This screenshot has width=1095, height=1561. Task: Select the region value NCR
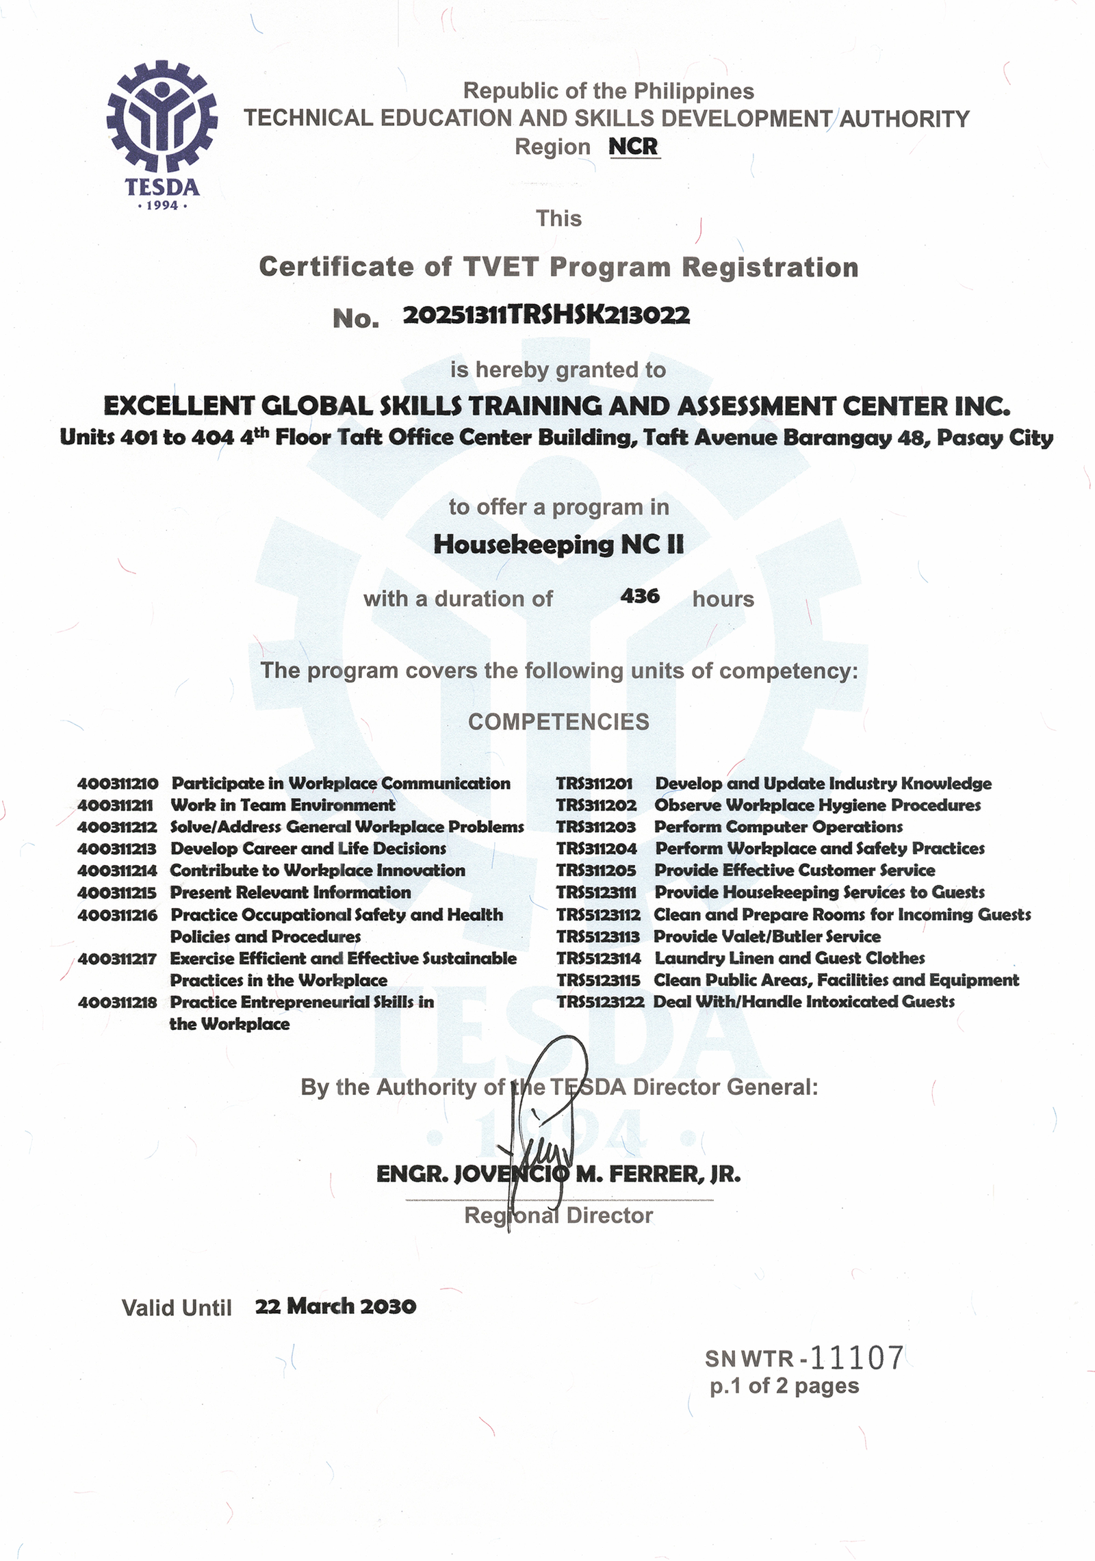633,146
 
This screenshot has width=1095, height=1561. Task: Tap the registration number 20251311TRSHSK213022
546,315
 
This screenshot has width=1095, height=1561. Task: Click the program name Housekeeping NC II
558,545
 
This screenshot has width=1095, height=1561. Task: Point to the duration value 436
640,596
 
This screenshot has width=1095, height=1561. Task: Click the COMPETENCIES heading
558,721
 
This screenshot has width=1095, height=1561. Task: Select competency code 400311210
118,784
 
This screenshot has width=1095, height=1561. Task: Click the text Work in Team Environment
283,805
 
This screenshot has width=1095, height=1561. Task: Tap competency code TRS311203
596,827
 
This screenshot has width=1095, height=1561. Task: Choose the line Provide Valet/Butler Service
767,936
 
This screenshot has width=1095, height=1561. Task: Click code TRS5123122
600,1002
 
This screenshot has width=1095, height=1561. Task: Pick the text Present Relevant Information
290,892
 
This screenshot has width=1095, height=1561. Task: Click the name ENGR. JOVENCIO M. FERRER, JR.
558,1174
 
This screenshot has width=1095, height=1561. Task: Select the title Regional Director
558,1215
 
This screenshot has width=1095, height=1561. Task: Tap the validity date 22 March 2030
335,1306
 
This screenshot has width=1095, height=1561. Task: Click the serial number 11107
857,1358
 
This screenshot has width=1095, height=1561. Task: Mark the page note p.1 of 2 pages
784,1386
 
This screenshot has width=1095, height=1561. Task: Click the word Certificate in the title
336,267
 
